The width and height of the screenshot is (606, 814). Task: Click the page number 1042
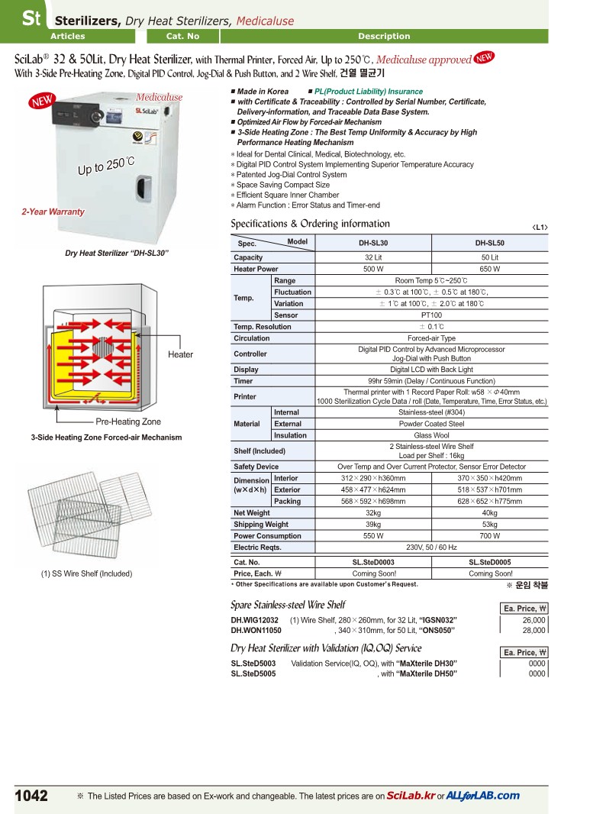[x=31, y=796]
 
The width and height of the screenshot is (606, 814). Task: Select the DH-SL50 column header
[x=490, y=244]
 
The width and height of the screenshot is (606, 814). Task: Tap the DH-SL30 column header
[x=373, y=244]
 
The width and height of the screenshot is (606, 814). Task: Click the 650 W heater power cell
[x=490, y=269]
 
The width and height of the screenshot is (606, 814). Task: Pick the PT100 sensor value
[x=431, y=315]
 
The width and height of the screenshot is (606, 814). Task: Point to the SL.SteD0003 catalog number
[x=373, y=562]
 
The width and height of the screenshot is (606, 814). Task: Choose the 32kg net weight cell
[x=373, y=513]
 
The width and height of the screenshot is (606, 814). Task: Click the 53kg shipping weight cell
[x=490, y=525]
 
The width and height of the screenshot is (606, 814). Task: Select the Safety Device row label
[x=256, y=467]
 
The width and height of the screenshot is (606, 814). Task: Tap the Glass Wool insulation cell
[x=431, y=435]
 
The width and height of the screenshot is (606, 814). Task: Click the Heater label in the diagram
[x=181, y=354]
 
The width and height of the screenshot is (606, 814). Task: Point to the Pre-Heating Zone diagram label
[x=128, y=422]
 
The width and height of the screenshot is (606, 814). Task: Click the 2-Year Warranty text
[x=53, y=212]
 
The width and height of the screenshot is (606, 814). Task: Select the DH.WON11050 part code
[x=256, y=631]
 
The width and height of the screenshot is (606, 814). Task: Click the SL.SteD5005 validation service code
[x=253, y=674]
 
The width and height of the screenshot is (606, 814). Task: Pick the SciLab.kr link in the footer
[x=411, y=796]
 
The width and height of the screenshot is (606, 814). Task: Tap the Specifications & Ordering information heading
[x=310, y=224]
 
